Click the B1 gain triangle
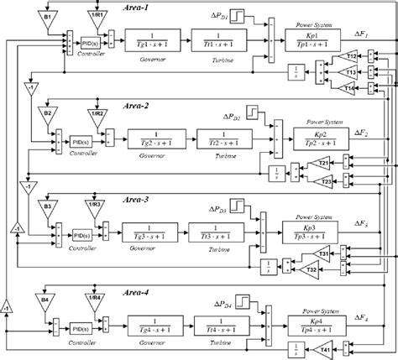[47, 17]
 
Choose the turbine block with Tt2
[216, 137]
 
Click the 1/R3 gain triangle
[97, 206]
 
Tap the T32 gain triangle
[311, 270]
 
